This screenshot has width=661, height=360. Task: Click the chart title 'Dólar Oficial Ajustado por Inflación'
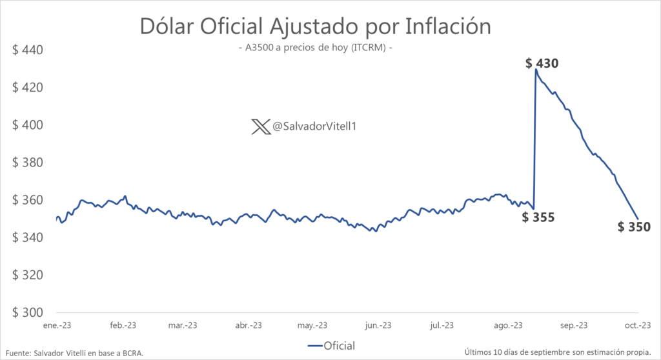pyautogui.click(x=316, y=27)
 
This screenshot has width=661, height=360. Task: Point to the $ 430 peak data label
pyautogui.click(x=542, y=63)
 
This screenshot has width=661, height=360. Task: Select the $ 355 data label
pyautogui.click(x=538, y=217)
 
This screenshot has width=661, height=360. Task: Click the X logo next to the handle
pyautogui.click(x=261, y=127)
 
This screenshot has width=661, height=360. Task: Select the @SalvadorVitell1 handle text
pyautogui.click(x=315, y=127)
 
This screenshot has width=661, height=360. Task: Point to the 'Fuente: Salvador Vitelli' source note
pyautogui.click(x=74, y=352)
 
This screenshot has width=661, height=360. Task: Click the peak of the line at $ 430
pyautogui.click(x=536, y=70)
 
